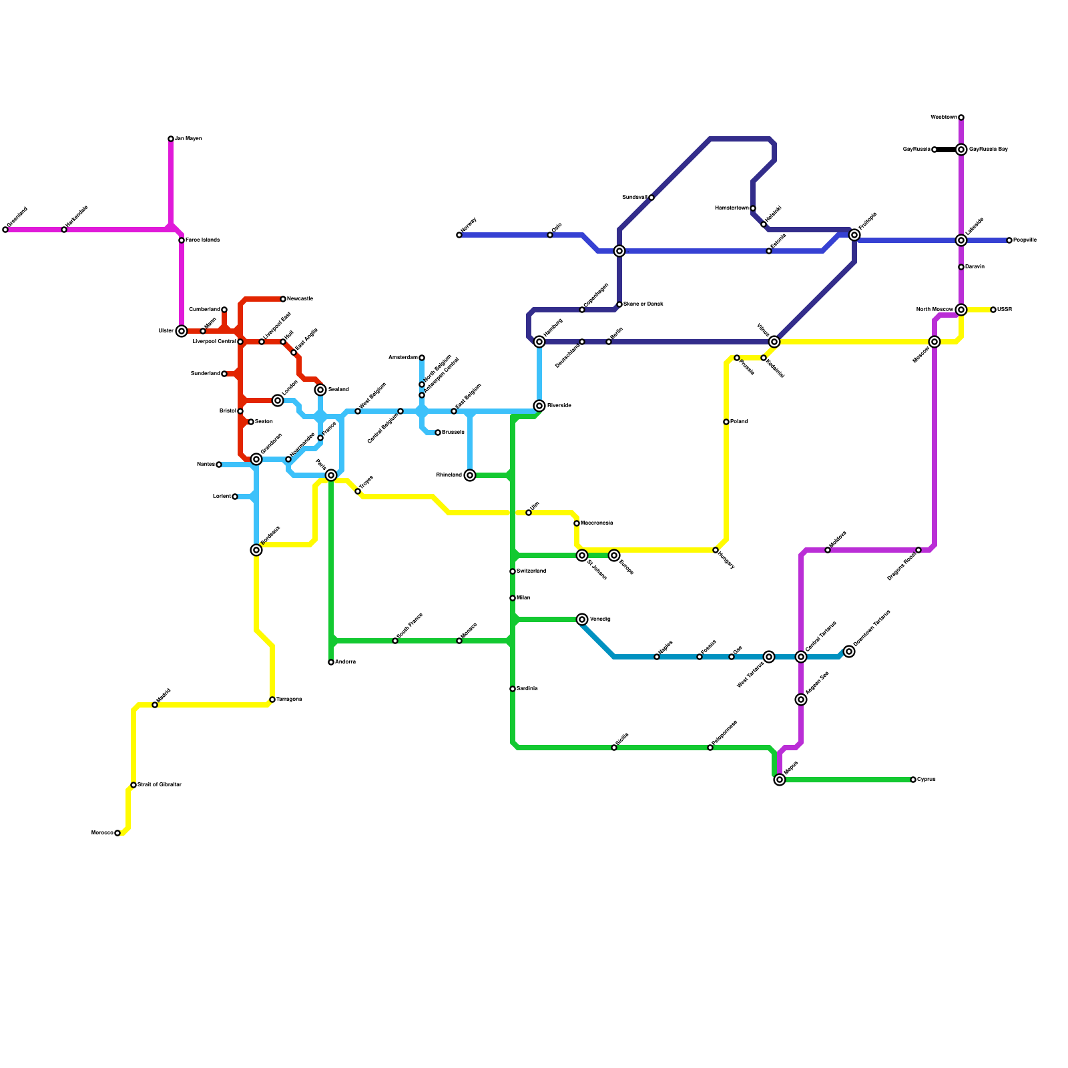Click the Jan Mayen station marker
171,139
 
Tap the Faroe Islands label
202,240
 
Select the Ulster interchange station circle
182,331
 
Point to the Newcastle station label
300,299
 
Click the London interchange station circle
278,400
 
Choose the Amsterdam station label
403,358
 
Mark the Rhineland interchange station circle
470,475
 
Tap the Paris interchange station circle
331,475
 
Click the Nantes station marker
219,465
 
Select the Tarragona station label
289,700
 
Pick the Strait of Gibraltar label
160,785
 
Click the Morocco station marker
117,833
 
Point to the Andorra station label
345,662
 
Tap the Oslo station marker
550,235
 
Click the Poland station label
739,422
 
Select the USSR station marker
993,310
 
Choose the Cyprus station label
926,780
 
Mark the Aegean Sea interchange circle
801,700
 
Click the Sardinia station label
527,689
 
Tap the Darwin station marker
961,267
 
